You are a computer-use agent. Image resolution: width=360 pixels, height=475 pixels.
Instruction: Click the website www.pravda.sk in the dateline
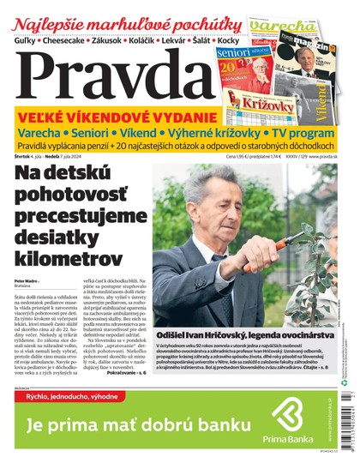click(x=327, y=156)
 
